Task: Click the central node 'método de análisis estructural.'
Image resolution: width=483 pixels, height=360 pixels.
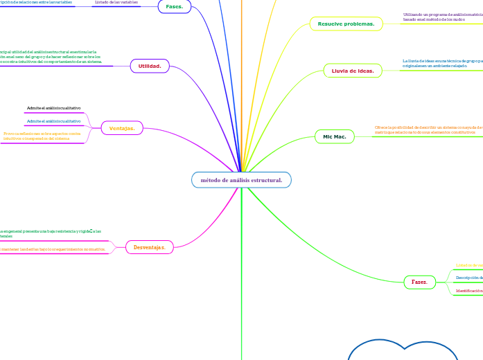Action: click(x=241, y=180)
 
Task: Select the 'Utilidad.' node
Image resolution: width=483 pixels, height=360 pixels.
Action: click(x=150, y=66)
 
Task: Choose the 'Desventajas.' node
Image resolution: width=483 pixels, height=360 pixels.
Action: click(x=149, y=246)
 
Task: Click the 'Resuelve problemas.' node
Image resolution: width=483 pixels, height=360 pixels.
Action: click(x=346, y=24)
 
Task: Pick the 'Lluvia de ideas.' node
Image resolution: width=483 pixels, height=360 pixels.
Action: click(x=353, y=71)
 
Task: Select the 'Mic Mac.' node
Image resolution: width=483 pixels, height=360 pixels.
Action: click(x=335, y=137)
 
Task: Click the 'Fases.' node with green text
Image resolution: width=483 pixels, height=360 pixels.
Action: click(x=174, y=6)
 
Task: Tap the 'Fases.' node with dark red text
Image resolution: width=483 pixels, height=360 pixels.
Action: click(x=419, y=282)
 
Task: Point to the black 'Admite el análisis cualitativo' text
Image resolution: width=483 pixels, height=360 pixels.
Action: click(x=53, y=108)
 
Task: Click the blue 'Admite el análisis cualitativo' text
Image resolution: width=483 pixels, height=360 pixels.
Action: click(x=53, y=121)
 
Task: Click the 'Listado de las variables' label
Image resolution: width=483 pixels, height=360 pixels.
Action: click(x=116, y=3)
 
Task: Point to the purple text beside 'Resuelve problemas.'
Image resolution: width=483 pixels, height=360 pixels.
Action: click(x=442, y=17)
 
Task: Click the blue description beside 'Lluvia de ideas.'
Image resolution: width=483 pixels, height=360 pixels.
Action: click(x=442, y=63)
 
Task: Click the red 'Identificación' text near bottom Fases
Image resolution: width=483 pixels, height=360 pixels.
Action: click(x=469, y=291)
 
